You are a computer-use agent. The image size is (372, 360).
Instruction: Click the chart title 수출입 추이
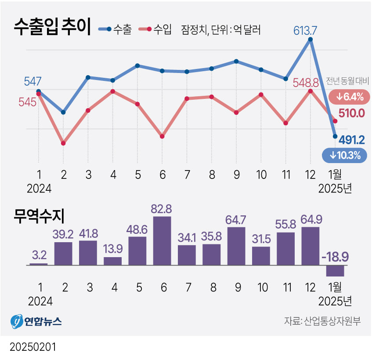click(x=52, y=27)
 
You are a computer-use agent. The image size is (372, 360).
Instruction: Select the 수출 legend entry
click(x=116, y=30)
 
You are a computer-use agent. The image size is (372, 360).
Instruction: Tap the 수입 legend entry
click(x=155, y=30)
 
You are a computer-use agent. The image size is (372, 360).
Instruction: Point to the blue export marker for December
click(x=311, y=40)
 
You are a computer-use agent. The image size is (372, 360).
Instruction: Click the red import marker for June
click(x=163, y=136)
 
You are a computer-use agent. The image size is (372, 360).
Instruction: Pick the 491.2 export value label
click(x=352, y=140)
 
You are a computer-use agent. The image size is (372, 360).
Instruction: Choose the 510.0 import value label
click(x=352, y=113)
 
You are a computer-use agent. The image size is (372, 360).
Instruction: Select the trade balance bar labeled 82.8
click(x=163, y=241)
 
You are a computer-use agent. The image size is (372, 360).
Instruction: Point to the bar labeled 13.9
click(x=113, y=261)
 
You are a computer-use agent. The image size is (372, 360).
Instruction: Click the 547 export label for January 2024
click(x=33, y=81)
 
